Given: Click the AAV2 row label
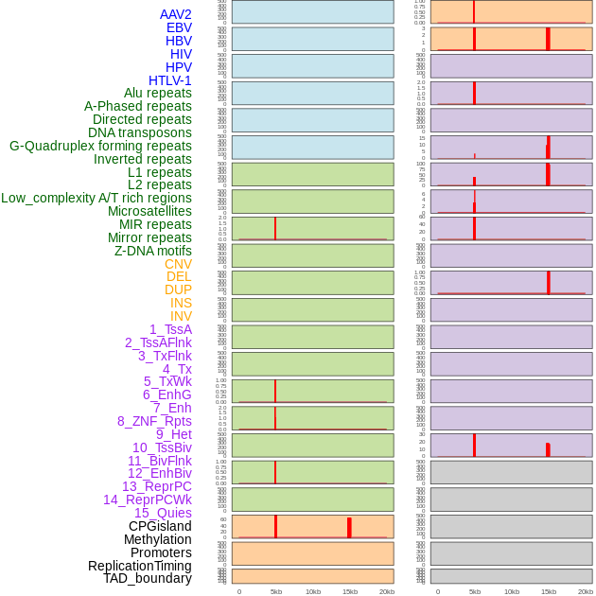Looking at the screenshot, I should [x=176, y=14].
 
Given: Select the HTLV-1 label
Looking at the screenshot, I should [x=170, y=80].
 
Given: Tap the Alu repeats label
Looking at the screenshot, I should [x=158, y=93].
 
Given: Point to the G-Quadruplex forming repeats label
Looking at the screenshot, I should [x=100, y=146].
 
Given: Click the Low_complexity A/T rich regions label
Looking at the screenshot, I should [x=96, y=198].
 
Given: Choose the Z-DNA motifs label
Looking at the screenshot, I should [x=153, y=251].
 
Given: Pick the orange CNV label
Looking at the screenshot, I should [x=178, y=264].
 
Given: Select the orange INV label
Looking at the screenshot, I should [x=181, y=316].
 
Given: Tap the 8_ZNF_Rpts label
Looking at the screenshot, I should [x=154, y=421].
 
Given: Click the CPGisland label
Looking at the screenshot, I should [x=160, y=526].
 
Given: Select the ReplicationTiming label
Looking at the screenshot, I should [x=140, y=566].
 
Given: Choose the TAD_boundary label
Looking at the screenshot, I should [x=148, y=578].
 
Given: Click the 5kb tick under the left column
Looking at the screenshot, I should [x=276, y=591].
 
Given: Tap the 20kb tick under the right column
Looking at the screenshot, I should [x=586, y=591].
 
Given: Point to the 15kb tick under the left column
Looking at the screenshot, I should [x=349, y=591].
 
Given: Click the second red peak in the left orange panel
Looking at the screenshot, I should [x=349, y=527].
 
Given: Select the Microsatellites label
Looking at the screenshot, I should [x=149, y=211].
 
